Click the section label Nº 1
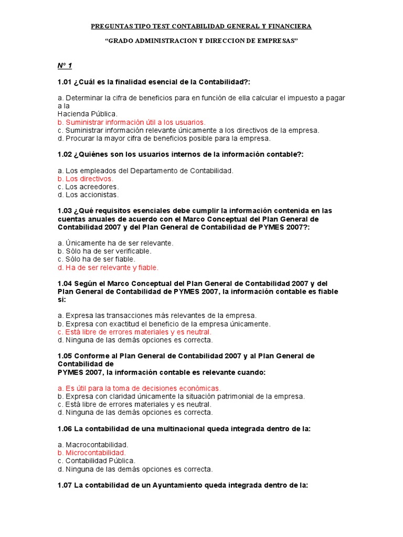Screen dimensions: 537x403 click(x=65, y=66)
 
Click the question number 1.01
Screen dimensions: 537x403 click(x=65, y=82)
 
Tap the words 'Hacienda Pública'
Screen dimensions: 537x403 click(x=88, y=114)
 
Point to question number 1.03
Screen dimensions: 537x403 click(x=65, y=211)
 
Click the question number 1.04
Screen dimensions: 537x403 click(x=65, y=283)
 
